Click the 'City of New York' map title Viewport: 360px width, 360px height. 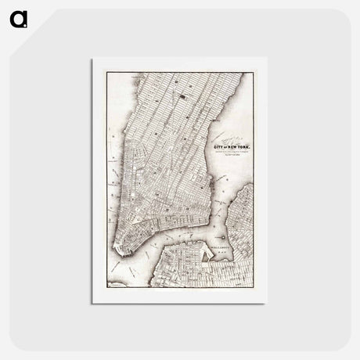(x=233, y=148)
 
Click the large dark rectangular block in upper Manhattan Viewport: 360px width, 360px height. (x=182, y=97)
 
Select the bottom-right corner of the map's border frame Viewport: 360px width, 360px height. (x=253, y=291)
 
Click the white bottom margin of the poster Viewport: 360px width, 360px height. (x=179, y=298)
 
